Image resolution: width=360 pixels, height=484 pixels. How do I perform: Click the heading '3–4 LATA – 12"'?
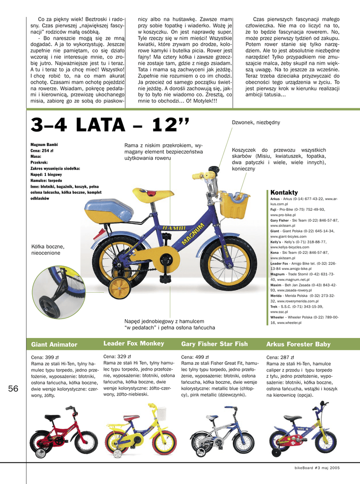110,126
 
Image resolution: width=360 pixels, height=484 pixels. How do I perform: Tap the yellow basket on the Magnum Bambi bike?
234,204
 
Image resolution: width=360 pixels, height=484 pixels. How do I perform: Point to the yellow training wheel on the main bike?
119,287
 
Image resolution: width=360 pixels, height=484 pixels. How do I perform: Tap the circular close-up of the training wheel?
59,292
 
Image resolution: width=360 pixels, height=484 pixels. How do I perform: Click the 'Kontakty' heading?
284,192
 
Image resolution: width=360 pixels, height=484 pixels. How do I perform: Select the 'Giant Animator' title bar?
54,345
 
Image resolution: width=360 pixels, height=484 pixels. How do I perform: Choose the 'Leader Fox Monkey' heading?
133,343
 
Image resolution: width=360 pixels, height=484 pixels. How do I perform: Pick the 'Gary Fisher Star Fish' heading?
214,344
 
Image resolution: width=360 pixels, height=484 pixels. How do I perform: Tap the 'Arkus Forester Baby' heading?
298,344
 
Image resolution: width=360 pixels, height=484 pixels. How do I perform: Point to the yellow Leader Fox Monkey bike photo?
140,432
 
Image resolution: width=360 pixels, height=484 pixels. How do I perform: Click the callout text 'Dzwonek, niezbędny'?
255,122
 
